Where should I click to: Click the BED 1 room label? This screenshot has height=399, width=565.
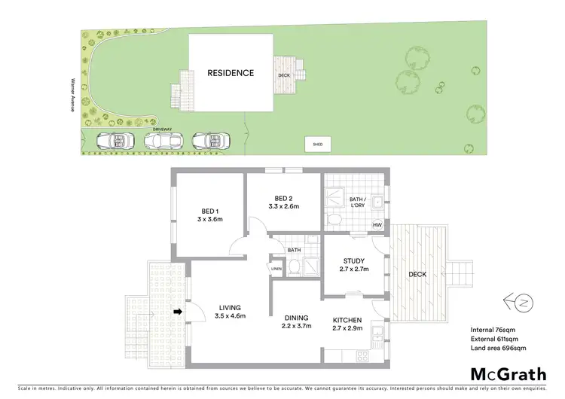tap(211, 210)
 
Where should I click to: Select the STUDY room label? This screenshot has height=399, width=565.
tap(353, 262)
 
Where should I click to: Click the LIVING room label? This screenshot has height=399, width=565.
tap(230, 307)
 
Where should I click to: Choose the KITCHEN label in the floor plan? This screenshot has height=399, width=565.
tap(347, 318)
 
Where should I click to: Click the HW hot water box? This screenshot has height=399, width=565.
tap(377, 225)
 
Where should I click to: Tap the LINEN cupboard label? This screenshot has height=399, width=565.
tap(276, 268)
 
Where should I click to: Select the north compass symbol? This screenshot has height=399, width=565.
tap(519, 303)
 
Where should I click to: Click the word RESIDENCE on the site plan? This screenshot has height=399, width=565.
tap(231, 74)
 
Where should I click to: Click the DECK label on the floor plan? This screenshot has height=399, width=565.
tap(417, 274)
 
